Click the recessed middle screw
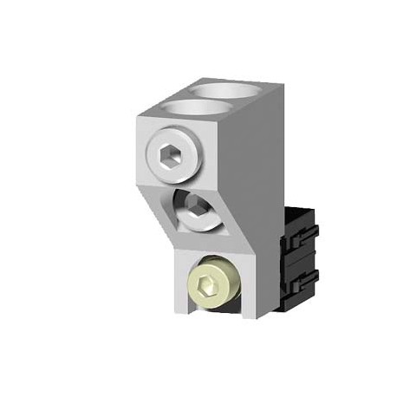pos(198,211)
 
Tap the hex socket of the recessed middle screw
pos(198,211)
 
